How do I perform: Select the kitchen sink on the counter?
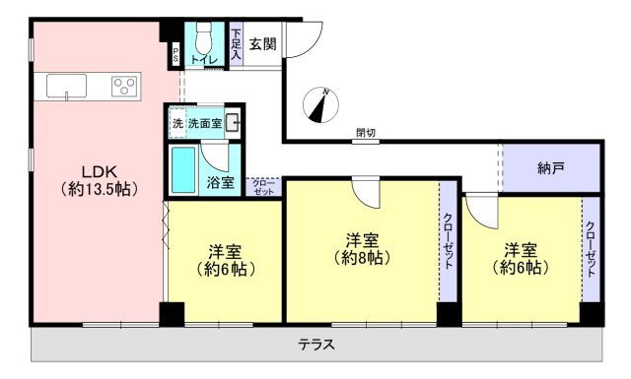67,86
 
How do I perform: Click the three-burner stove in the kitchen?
124,86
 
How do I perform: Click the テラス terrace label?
316,346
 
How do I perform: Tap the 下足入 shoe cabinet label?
236,45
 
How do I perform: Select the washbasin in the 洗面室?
232,123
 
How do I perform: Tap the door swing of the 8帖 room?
366,191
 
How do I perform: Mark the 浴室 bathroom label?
220,182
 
